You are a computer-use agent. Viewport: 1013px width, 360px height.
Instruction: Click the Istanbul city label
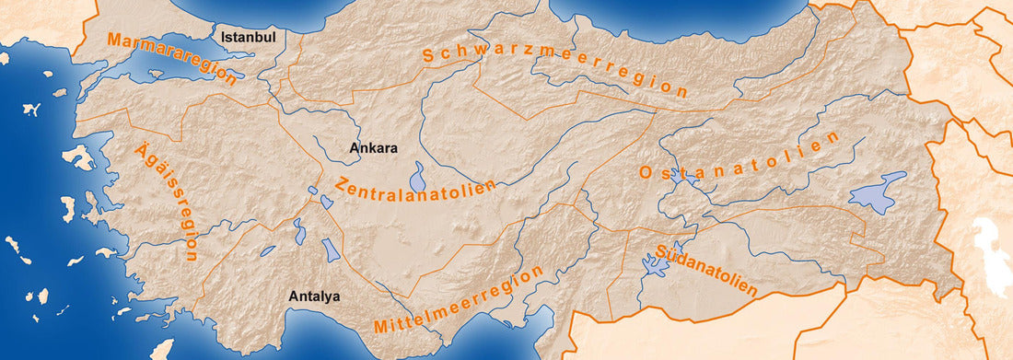click(249, 37)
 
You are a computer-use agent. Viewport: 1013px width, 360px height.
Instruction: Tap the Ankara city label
click(373, 147)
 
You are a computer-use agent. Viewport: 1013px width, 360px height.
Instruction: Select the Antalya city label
click(315, 296)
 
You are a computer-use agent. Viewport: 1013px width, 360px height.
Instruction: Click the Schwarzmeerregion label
click(555, 69)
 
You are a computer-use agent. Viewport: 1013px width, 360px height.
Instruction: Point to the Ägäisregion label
click(167, 202)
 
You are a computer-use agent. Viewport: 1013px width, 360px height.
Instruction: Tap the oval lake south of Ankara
click(419, 176)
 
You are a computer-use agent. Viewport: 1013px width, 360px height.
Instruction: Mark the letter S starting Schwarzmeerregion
click(429, 56)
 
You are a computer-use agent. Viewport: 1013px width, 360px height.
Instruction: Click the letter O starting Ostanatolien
click(645, 173)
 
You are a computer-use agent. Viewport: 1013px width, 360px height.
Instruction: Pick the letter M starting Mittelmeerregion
click(381, 327)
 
